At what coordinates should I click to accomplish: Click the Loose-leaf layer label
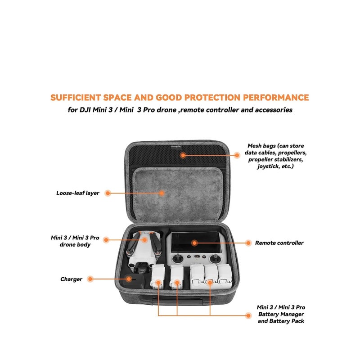(x=77, y=193)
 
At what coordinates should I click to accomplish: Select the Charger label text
(x=71, y=279)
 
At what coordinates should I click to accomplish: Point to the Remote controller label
(x=279, y=243)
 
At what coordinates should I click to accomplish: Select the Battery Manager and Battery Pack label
(x=281, y=314)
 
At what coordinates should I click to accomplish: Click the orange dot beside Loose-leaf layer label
(x=108, y=193)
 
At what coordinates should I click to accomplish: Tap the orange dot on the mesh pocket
(x=183, y=155)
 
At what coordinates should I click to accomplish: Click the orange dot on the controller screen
(x=194, y=243)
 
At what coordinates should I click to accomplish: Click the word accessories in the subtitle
(x=267, y=110)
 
